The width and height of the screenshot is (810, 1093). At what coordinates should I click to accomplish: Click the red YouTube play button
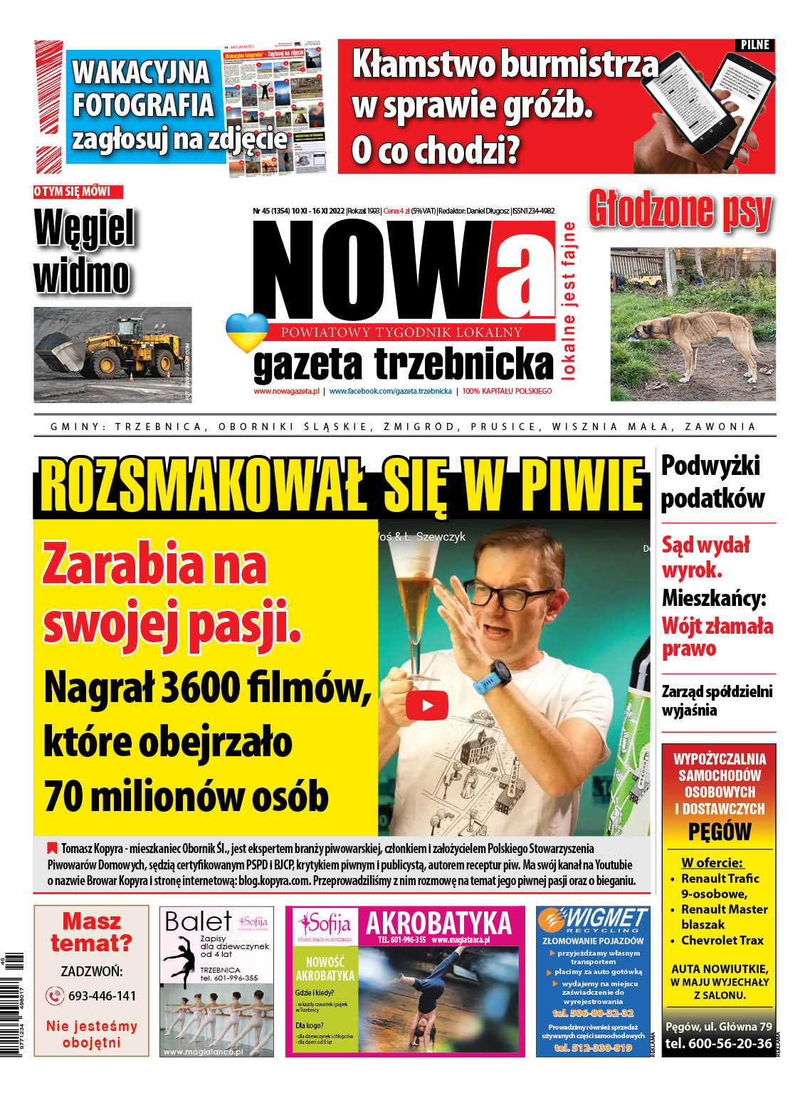pos(427,705)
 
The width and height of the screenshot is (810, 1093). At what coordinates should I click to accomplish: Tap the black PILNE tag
pos(754,45)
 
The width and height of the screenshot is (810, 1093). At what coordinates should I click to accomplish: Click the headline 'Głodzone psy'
pos(680,210)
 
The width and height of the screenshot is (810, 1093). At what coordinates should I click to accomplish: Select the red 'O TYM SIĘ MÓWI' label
pos(78,192)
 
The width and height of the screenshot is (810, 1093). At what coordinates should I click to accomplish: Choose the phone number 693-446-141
pos(102,995)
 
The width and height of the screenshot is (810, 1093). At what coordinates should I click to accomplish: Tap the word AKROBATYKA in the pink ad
pos(438,924)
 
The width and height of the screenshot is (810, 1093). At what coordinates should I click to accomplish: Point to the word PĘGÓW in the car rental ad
pos(719,832)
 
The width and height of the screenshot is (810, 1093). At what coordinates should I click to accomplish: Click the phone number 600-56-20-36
pos(718,1043)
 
